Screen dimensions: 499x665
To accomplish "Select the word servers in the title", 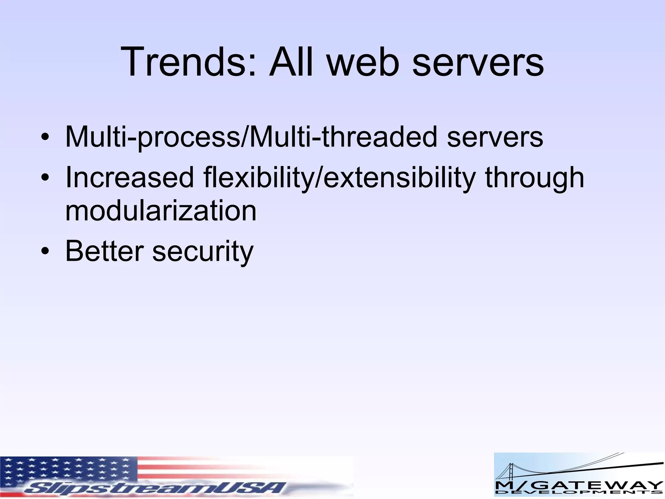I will click(478, 62).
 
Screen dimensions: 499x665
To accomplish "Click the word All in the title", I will click(291, 62).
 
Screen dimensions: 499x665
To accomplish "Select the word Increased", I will click(129, 177).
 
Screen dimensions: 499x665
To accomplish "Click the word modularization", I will click(161, 211).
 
